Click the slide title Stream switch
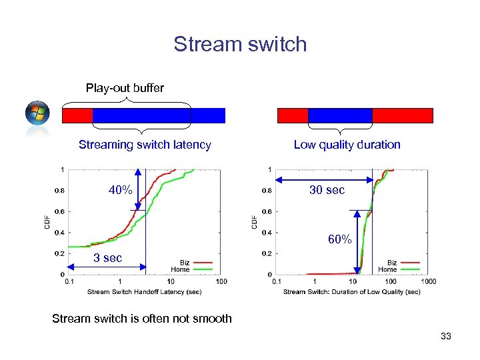coord(240,44)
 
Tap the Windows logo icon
coord(37,113)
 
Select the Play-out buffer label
coord(125,88)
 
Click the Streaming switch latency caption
coord(145,145)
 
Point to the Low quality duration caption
coord(347,145)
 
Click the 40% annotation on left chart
coord(121,191)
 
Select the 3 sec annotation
coord(107,258)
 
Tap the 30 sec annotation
coord(327,190)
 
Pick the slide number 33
coord(445,337)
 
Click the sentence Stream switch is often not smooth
coord(142,319)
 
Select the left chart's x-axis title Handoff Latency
coord(145,292)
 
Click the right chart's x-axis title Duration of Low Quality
coord(352,292)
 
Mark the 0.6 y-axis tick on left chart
coord(59,211)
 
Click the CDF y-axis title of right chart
coord(254,221)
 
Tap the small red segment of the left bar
coord(77,116)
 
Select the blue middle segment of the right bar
coord(340,116)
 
